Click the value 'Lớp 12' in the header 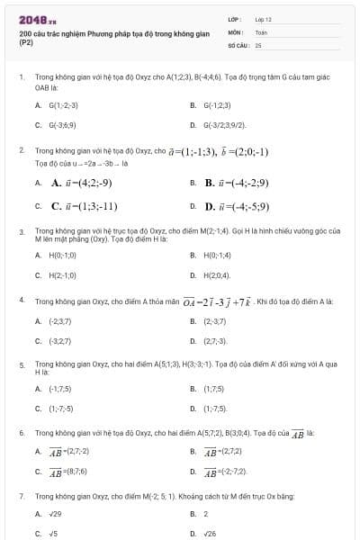(x=263, y=19)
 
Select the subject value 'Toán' (x=261, y=31)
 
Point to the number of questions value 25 (x=258, y=44)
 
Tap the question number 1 (x=21, y=78)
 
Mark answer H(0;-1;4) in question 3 (x=219, y=255)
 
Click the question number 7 (x=21, y=496)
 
